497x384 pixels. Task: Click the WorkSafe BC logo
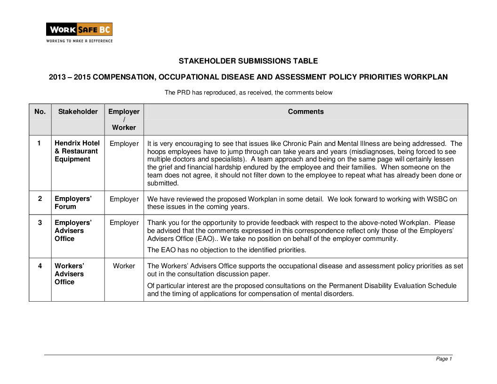(x=79, y=30)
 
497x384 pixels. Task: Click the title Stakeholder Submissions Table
(x=248, y=61)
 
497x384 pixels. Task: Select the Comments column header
(x=305, y=112)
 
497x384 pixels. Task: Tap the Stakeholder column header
(x=78, y=112)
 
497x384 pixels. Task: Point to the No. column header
(x=40, y=112)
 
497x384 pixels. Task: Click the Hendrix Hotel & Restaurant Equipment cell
(x=77, y=151)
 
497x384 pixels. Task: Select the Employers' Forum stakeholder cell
(x=73, y=203)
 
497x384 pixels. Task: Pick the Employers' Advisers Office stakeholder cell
(x=73, y=231)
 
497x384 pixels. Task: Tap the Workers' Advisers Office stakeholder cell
(x=69, y=274)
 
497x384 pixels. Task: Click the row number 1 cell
(x=40, y=144)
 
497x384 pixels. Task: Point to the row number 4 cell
(x=40, y=266)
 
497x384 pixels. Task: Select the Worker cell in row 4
(x=124, y=266)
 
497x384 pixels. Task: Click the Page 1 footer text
(x=444, y=359)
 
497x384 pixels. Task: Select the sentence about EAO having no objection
(x=226, y=250)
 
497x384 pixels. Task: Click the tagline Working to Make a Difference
(x=79, y=41)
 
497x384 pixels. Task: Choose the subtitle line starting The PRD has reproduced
(x=248, y=93)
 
